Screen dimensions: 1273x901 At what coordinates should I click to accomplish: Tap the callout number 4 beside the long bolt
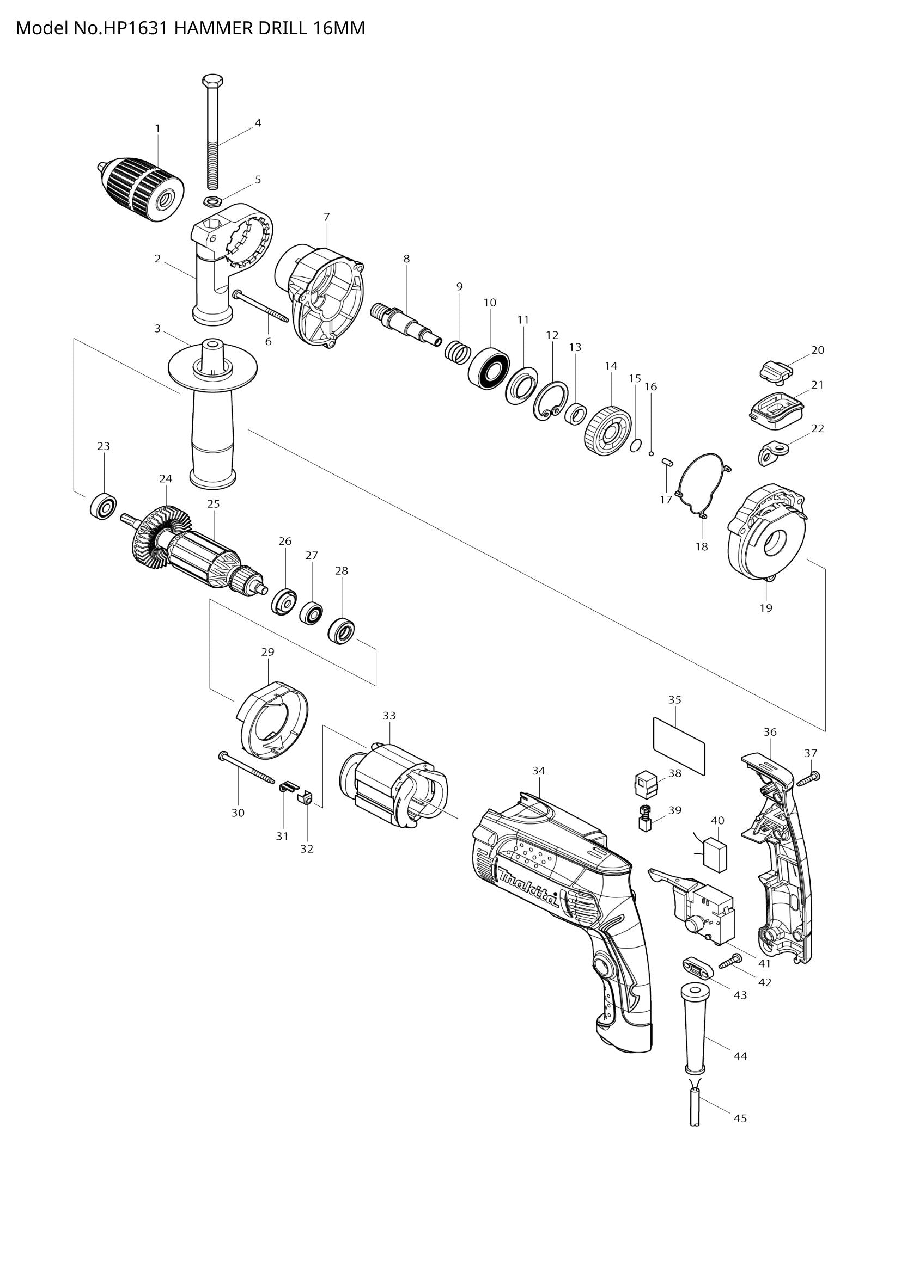coord(258,124)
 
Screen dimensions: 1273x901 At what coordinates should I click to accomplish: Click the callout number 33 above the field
coord(389,716)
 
